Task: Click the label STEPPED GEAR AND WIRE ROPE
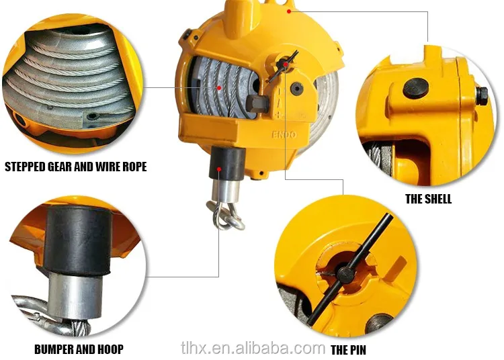(75, 166)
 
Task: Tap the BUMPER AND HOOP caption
(79, 349)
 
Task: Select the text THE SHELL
(428, 199)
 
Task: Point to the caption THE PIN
(348, 350)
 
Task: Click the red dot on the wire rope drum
(218, 87)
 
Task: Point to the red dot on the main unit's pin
(286, 64)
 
